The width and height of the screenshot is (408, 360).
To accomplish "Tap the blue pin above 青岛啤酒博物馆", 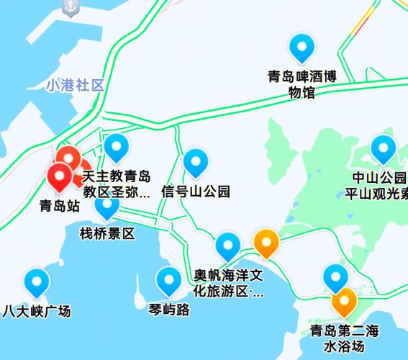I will [x=302, y=48].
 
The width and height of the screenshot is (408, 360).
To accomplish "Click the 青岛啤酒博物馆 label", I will [x=302, y=84].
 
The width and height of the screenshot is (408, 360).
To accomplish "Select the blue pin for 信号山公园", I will [x=196, y=163].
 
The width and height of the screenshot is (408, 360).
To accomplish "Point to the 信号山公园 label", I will [x=196, y=192].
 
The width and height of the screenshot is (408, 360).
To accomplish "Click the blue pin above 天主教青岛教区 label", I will [x=117, y=148].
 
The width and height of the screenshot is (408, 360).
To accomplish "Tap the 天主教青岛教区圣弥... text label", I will [x=117, y=185].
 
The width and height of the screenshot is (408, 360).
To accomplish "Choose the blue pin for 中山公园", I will [x=384, y=149].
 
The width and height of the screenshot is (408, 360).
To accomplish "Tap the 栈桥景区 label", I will [x=107, y=233].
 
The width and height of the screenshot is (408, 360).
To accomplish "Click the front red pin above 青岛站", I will [x=59, y=176].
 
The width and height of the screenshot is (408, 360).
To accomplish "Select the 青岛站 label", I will [x=59, y=206].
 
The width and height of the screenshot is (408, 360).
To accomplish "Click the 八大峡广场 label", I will [x=37, y=311].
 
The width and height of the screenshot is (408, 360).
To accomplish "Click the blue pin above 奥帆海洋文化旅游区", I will [x=229, y=246].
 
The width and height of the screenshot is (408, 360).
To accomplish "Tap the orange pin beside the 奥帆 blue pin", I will [x=267, y=243].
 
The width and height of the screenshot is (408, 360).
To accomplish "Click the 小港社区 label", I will [x=75, y=85].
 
